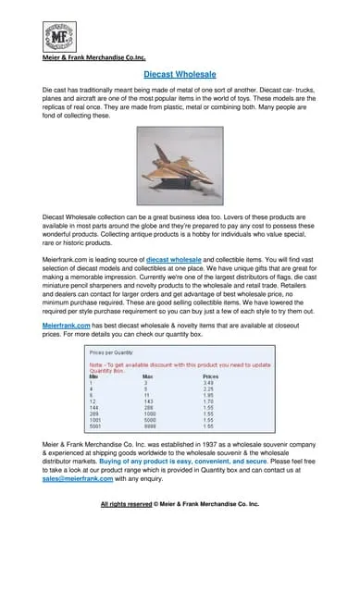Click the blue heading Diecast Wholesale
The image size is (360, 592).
point(180,73)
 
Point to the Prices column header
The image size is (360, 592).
point(210,376)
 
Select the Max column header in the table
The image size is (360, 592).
point(148,376)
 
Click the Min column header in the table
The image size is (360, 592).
point(93,376)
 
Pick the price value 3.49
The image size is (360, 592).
point(209,383)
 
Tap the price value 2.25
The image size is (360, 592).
point(209,389)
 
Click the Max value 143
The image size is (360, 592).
point(148,401)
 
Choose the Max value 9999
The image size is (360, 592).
point(149,426)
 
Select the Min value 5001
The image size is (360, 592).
point(95,426)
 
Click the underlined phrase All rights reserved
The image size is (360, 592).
point(126,504)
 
